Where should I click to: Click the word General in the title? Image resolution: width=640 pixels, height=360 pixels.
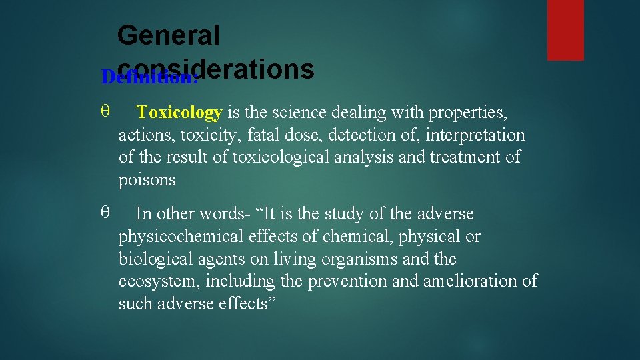click(x=168, y=35)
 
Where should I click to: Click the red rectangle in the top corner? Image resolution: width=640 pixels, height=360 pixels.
click(x=565, y=30)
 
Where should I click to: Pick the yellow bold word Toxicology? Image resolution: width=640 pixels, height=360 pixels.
click(x=179, y=113)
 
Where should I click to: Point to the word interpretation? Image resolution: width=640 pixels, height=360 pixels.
click(x=474, y=135)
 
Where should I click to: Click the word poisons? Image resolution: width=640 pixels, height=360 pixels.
click(x=147, y=180)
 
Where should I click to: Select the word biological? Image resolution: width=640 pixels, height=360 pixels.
click(x=151, y=259)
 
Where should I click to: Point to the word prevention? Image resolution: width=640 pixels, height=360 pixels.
click(x=348, y=281)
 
